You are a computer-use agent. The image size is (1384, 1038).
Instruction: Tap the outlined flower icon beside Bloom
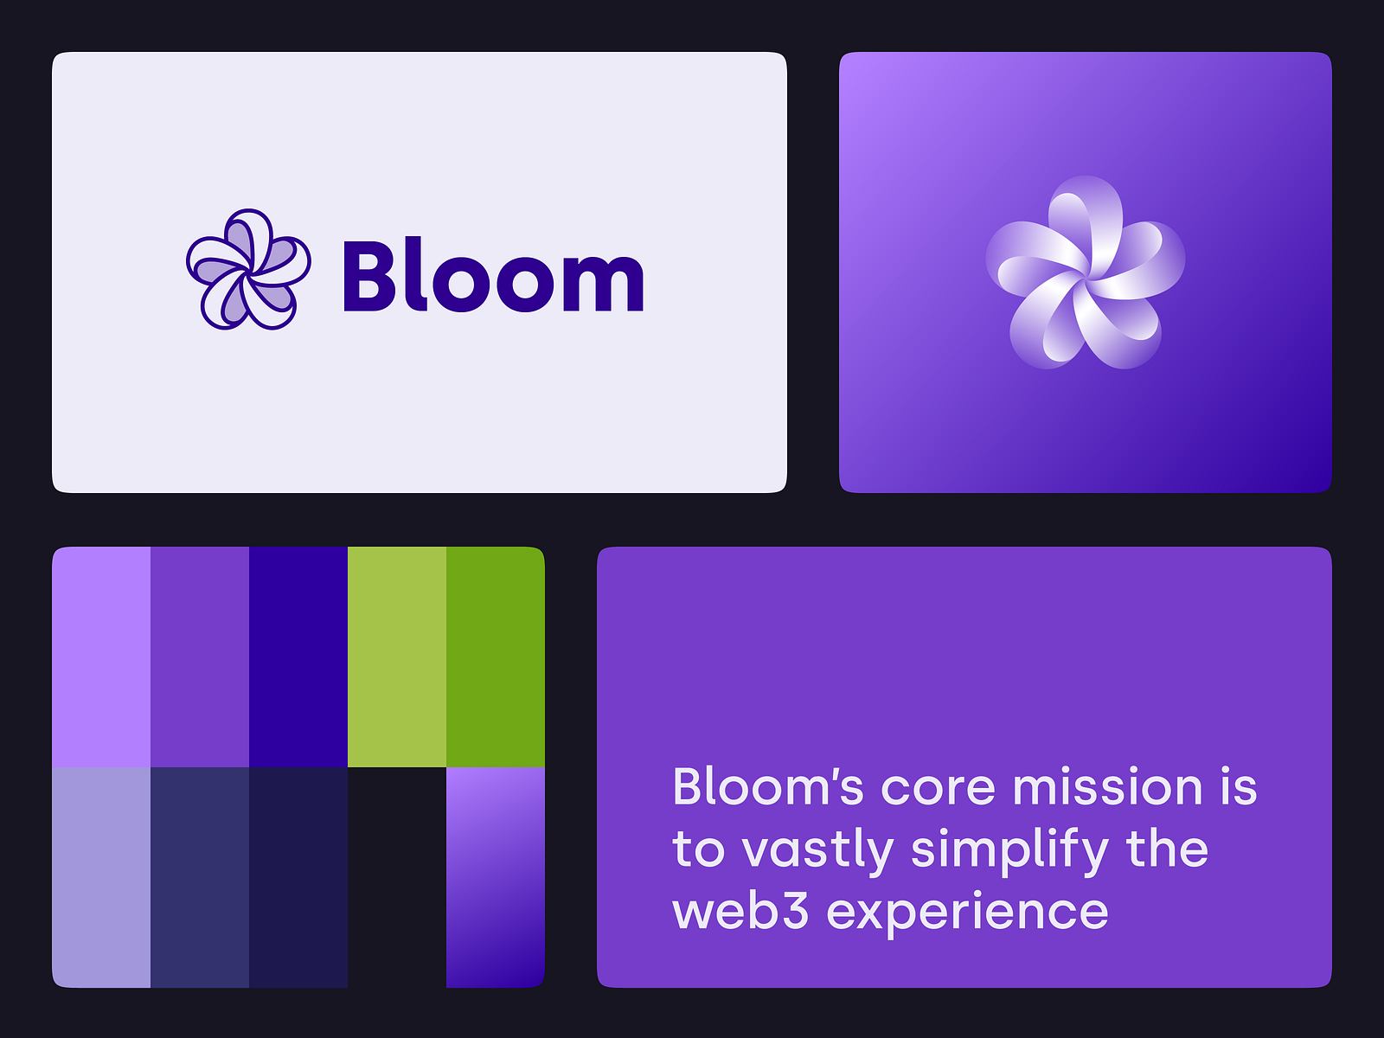(248, 270)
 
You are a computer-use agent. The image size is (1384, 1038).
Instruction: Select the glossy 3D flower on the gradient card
(1085, 272)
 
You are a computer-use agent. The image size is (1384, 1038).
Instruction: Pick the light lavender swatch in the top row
(101, 657)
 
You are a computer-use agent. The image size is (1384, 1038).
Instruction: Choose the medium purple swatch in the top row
(200, 657)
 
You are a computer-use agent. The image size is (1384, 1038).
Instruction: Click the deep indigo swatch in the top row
(298, 657)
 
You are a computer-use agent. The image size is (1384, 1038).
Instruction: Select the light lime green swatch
(397, 657)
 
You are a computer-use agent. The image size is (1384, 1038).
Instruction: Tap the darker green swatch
(496, 657)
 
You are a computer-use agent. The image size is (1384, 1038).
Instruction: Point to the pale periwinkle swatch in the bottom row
(101, 877)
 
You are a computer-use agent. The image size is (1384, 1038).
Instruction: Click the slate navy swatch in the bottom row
(200, 877)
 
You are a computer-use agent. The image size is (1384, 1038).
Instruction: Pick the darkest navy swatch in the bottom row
(298, 877)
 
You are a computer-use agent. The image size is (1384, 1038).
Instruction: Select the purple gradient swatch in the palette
(496, 877)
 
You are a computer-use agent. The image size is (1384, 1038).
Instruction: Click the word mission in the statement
(1107, 787)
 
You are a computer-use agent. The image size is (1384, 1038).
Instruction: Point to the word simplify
(1009, 851)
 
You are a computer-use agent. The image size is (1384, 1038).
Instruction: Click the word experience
(967, 913)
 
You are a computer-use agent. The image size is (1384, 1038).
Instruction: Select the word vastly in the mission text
(817, 851)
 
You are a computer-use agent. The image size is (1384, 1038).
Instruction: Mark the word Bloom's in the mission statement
(768, 787)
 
